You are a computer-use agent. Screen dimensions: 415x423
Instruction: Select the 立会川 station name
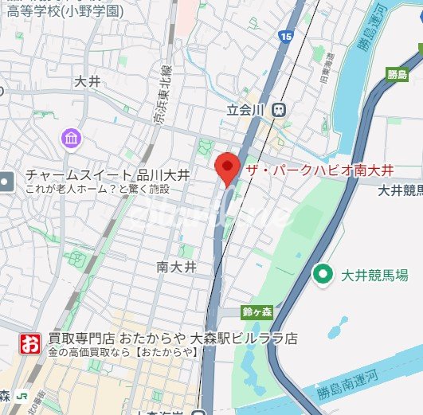pyautogui.click(x=247, y=110)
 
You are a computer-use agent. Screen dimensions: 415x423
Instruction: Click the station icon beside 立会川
pyautogui.click(x=279, y=110)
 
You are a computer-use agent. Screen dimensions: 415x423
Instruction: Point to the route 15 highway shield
pyautogui.click(x=286, y=35)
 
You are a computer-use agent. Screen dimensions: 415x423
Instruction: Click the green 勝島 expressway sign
pyautogui.click(x=398, y=75)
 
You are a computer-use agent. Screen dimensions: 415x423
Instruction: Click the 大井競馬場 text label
pyautogui.click(x=374, y=276)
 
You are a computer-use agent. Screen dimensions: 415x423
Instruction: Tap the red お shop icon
pyautogui.click(x=29, y=344)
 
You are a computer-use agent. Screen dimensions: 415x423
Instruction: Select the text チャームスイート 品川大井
pyautogui.click(x=107, y=175)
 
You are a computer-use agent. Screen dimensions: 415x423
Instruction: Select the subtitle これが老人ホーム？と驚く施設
pyautogui.click(x=97, y=189)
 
